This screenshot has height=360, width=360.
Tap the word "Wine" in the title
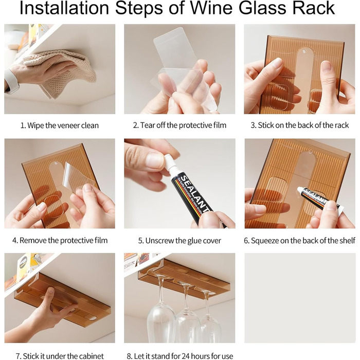point(211,8)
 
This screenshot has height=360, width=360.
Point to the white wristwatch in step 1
point(11,80)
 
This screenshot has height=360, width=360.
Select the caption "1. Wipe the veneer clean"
point(60,125)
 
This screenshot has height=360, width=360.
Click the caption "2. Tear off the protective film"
point(179,125)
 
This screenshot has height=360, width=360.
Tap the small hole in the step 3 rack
point(304,51)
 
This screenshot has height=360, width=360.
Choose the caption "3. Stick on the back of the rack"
point(300,125)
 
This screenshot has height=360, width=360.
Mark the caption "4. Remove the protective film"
point(60,240)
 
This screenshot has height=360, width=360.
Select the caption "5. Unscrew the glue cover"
point(179,241)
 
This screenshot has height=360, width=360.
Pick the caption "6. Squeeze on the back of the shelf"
point(300,241)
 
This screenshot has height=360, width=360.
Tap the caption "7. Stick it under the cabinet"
point(60,356)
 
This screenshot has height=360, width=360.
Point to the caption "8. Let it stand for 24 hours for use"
point(180,356)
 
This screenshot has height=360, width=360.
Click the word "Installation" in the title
point(64,8)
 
